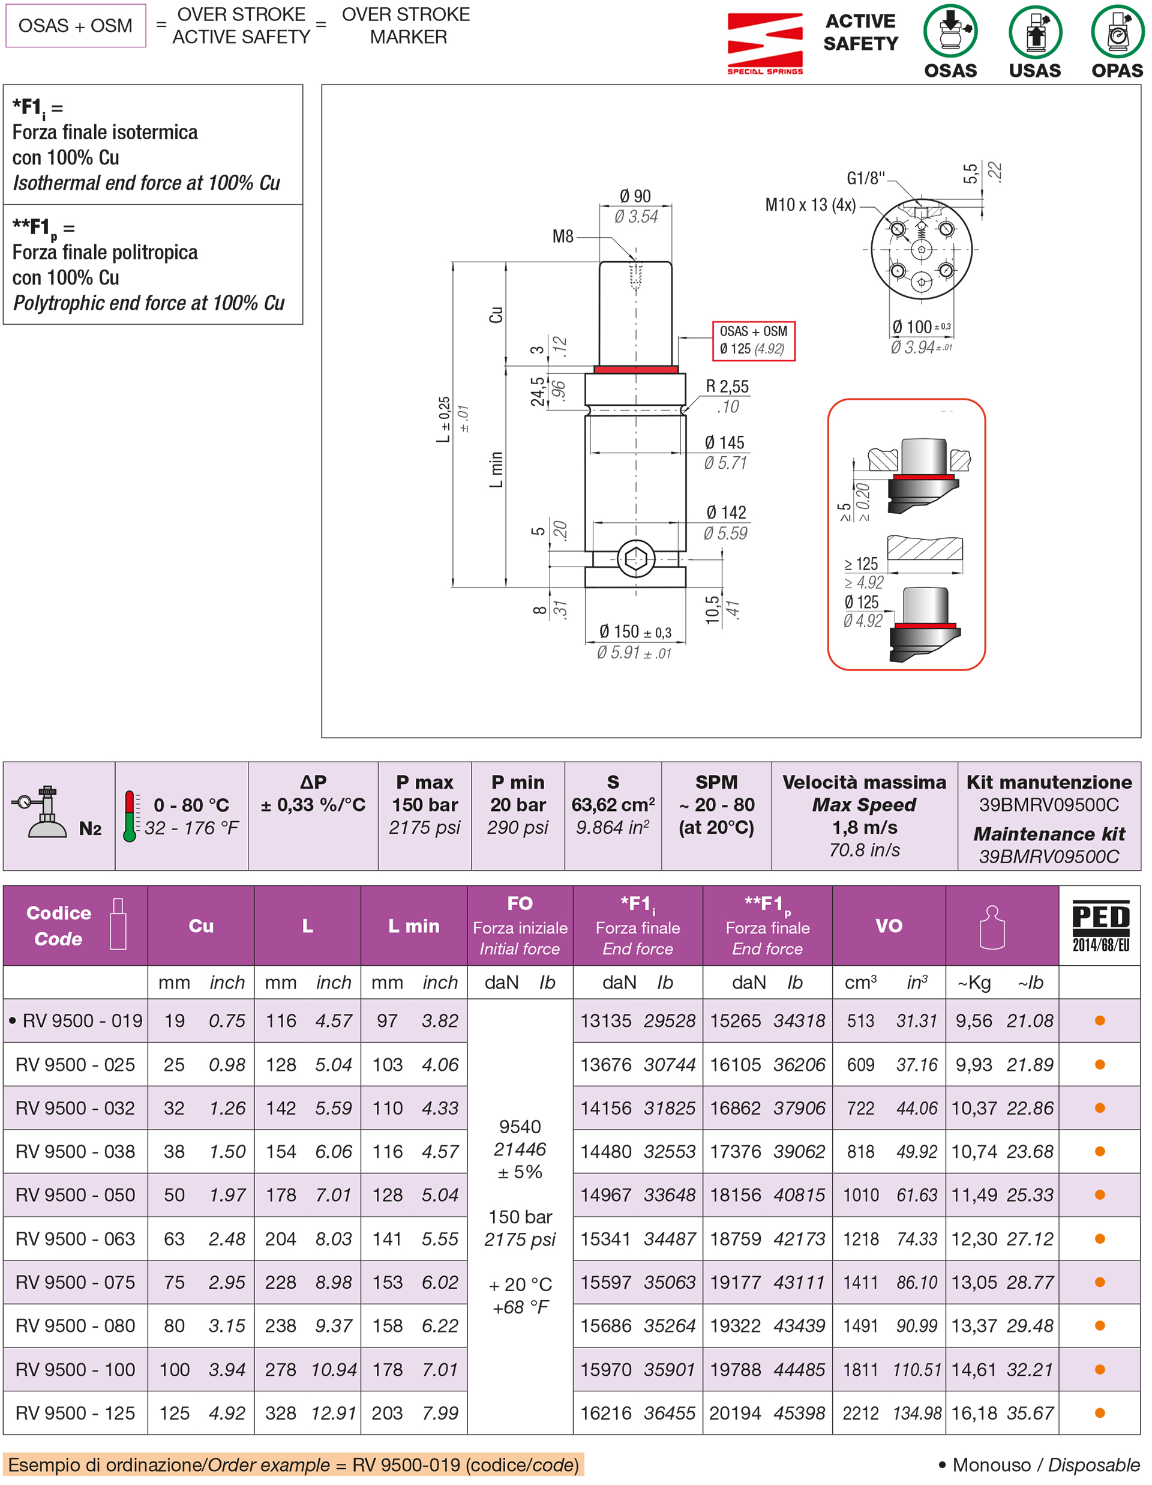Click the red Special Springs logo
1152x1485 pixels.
point(764,42)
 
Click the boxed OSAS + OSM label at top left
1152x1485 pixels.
point(76,26)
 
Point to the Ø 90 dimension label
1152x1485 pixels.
point(635,196)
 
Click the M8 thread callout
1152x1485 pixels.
point(563,236)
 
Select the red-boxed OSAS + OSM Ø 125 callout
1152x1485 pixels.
point(752,340)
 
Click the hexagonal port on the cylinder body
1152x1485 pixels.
point(635,559)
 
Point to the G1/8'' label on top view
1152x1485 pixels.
point(865,178)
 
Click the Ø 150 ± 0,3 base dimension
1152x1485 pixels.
point(635,631)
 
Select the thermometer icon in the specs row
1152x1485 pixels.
point(129,816)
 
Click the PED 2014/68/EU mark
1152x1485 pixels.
point(1100,926)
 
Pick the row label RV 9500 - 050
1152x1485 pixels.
point(76,1194)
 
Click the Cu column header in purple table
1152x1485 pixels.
point(200,926)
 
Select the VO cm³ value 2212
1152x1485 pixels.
point(860,1413)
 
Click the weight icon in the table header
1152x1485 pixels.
point(991,926)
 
